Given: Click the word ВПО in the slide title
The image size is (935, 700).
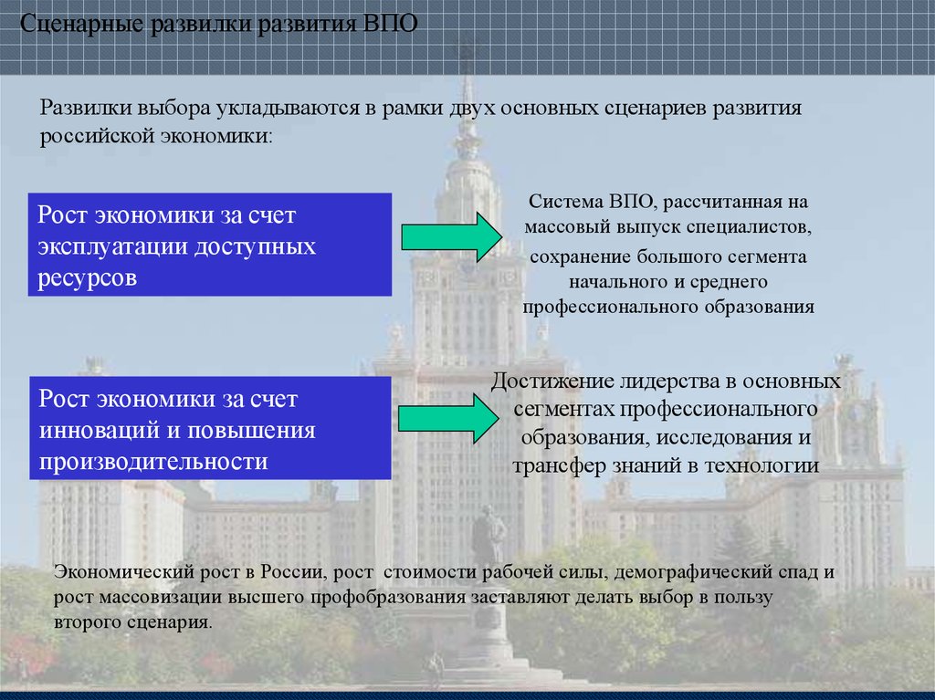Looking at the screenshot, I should [391, 23].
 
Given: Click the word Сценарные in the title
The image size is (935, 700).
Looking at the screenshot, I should [79, 23].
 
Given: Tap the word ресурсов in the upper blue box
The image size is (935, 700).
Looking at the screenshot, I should [88, 277].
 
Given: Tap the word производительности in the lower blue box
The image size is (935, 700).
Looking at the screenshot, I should [153, 460].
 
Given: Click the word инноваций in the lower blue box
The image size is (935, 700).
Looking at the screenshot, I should [89, 430].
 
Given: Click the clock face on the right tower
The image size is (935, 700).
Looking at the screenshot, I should [851, 415].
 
